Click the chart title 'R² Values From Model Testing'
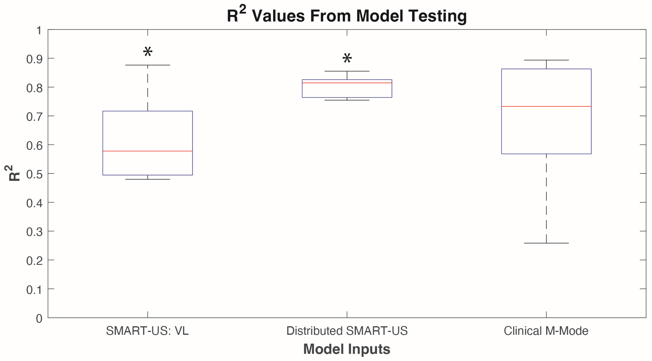pos(346,16)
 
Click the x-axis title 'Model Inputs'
pos(346,349)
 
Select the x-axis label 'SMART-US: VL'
pos(147,331)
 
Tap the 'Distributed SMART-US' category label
pos(347,331)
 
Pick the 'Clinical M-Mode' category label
pos(546,331)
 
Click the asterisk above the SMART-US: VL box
pos(148,52)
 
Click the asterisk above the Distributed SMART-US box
pos(347,58)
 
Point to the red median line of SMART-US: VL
pos(148,151)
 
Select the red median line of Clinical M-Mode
pos(546,106)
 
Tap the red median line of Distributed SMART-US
pos(347,83)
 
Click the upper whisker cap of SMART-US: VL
pos(148,65)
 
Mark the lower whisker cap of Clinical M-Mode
pos(546,243)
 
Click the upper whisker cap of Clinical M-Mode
pos(546,60)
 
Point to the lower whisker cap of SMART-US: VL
pos(148,179)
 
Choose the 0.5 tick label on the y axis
pos(34,174)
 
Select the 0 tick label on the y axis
pos(39,318)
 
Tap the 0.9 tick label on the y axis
pos(34,59)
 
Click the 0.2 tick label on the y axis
pos(34,261)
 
